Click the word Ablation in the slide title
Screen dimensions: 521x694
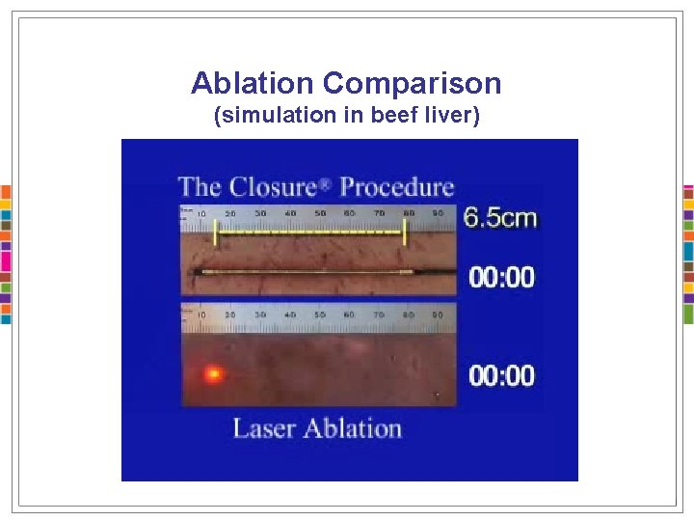254,84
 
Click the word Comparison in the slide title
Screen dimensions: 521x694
412,84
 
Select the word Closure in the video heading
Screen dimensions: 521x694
280,186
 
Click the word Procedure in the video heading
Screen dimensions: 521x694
397,186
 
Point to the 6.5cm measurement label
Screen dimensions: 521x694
499,218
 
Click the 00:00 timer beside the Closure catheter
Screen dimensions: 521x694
501,278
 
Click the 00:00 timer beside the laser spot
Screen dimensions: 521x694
501,375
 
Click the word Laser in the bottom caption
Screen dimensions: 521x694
264,428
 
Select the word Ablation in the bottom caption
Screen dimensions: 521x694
352,428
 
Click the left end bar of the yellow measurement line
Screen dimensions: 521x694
218,233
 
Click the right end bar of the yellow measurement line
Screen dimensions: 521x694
405,233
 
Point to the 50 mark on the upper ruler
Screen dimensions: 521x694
320,212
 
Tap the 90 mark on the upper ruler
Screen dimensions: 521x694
438,212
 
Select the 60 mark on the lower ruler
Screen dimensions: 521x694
349,315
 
